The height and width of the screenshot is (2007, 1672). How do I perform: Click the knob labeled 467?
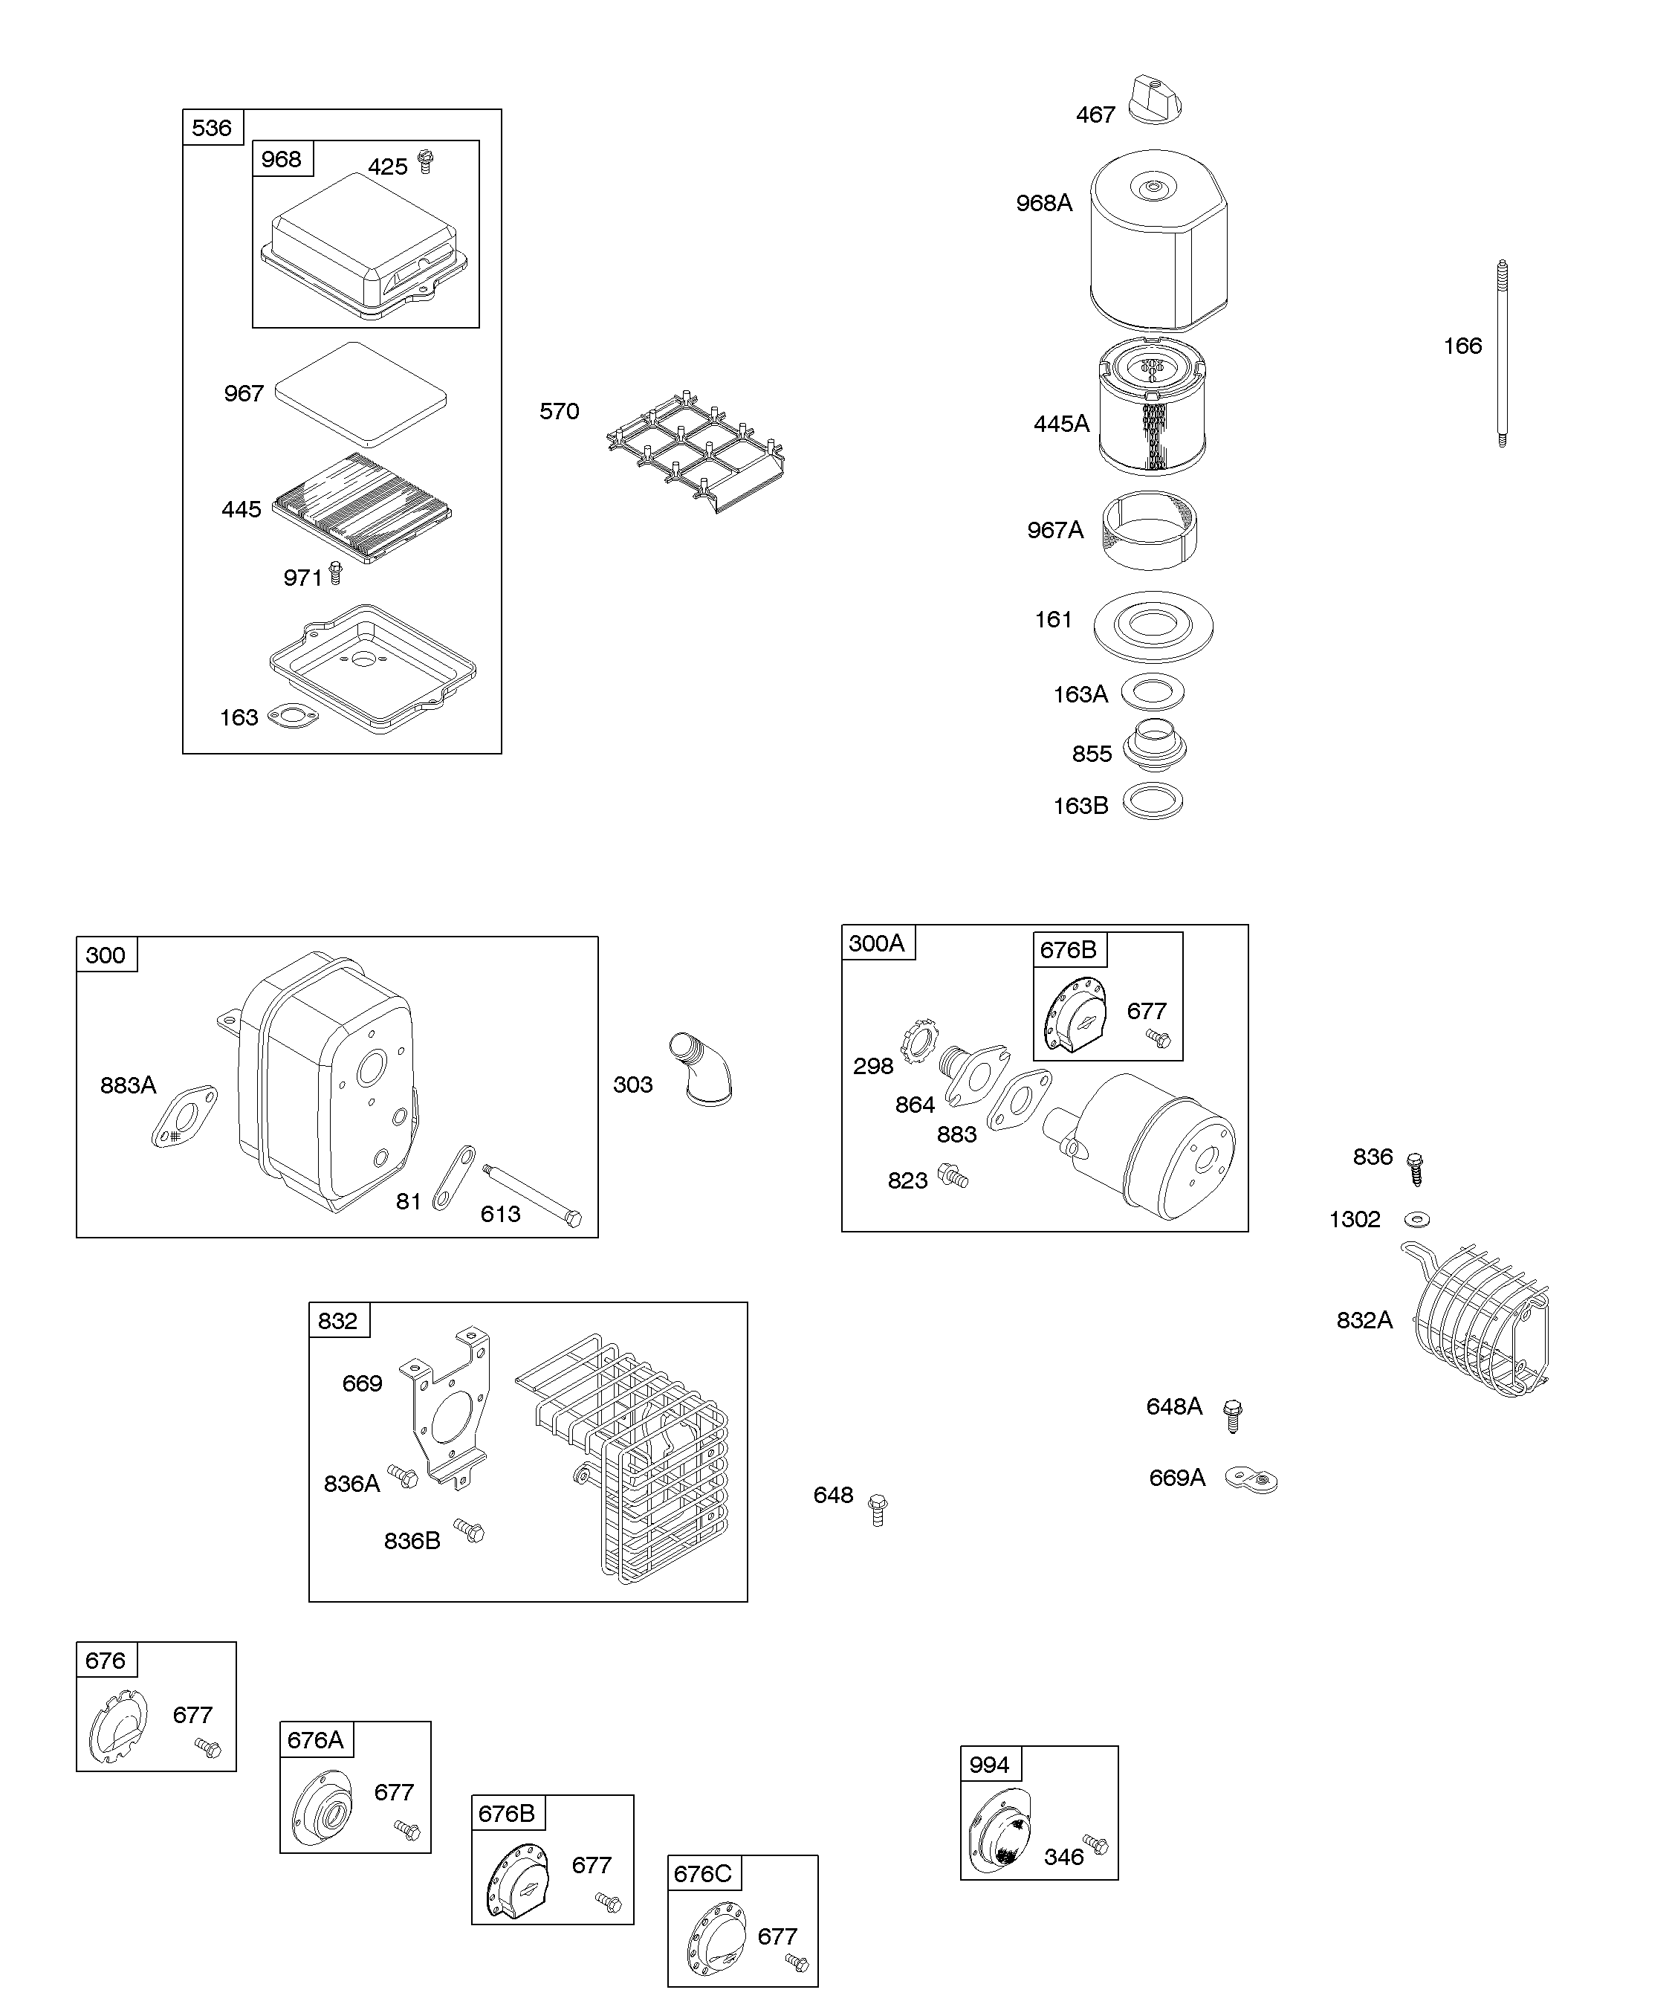(1156, 100)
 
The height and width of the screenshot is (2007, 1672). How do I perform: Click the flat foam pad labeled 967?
(361, 394)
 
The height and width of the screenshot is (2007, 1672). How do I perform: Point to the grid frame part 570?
(696, 449)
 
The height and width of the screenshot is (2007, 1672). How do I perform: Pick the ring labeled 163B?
(1153, 802)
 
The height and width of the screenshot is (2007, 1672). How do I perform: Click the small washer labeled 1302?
(1417, 1220)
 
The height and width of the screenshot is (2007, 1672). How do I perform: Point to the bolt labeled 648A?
(1233, 1415)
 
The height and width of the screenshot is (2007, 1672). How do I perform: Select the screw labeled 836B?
(469, 1531)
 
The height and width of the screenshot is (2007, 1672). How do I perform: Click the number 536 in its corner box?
(212, 128)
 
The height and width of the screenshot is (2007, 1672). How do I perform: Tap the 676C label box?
(702, 1873)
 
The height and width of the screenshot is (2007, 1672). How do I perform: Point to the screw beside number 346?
(1095, 1844)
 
